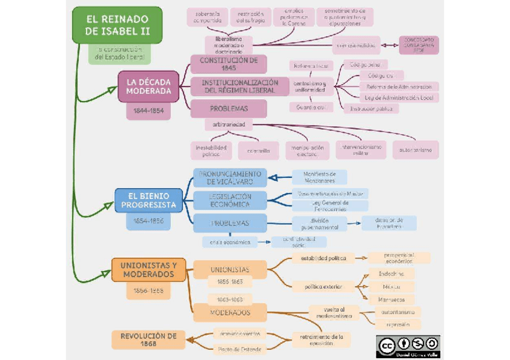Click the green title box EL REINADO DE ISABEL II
point(117,25)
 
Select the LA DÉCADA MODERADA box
point(149,87)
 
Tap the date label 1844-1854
point(149,112)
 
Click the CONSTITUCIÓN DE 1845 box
point(229,64)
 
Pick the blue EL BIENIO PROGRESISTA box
point(149,200)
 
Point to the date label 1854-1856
point(149,221)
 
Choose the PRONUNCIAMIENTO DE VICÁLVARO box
point(230,177)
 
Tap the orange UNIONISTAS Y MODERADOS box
point(149,270)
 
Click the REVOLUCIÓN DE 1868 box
point(148,340)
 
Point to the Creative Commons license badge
point(408,346)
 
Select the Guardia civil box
point(311,107)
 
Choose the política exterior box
point(323,286)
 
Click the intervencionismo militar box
point(361,150)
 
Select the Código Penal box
point(365,64)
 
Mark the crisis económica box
point(229,242)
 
